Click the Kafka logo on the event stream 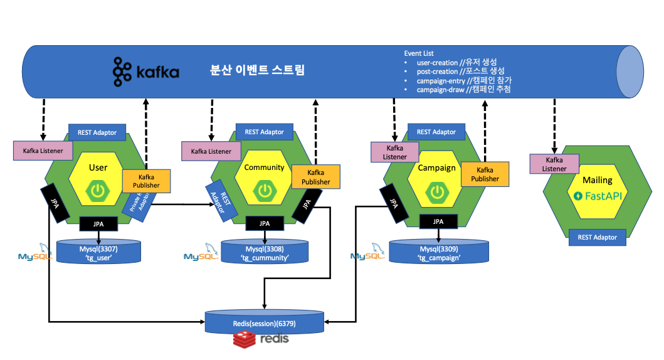pyautogui.click(x=146, y=71)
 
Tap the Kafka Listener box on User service pyautogui.click(x=43, y=151)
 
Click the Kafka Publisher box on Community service pyautogui.click(x=316, y=177)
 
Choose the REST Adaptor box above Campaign pyautogui.click(x=436, y=132)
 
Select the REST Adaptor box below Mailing pyautogui.click(x=597, y=237)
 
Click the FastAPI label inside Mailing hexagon pyautogui.click(x=597, y=196)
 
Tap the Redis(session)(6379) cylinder pyautogui.click(x=265, y=324)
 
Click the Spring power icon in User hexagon pyautogui.click(x=98, y=191)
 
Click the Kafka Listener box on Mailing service pyautogui.click(x=554, y=164)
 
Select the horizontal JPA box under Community pyautogui.click(x=265, y=223)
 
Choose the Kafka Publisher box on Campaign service pyautogui.click(x=485, y=174)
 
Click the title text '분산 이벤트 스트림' pyautogui.click(x=257, y=70)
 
